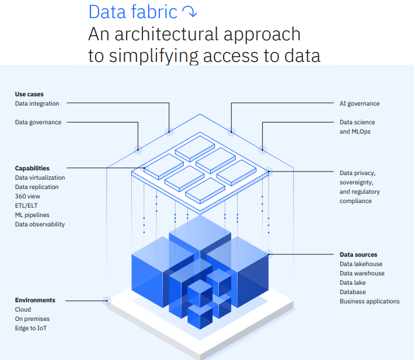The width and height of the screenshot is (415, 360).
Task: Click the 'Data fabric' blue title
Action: [x=133, y=12]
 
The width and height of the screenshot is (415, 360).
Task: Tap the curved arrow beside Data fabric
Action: [x=190, y=12]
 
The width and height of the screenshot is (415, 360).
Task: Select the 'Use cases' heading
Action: [x=29, y=94]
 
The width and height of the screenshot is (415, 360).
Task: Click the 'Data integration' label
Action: [x=37, y=103]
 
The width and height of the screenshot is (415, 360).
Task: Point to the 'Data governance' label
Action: [x=38, y=122]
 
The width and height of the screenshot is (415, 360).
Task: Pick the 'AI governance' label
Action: [x=360, y=103]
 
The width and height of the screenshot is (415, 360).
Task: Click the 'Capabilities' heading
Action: [x=32, y=168]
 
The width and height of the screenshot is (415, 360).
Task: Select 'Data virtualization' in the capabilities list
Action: [x=40, y=177]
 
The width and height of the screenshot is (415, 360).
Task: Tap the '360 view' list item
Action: [x=27, y=196]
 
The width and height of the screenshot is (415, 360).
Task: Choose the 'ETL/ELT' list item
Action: [x=26, y=205]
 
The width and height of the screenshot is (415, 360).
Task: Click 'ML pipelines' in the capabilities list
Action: [x=32, y=215]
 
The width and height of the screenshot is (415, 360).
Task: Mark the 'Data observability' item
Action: [x=40, y=224]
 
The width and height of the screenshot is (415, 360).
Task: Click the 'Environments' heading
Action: [x=35, y=300]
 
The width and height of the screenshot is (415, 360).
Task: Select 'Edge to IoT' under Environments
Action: [x=31, y=328]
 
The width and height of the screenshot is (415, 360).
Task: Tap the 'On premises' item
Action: [x=32, y=319]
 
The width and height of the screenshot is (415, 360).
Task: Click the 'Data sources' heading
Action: [x=358, y=254]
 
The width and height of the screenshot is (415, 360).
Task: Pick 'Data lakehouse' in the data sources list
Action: [x=361, y=264]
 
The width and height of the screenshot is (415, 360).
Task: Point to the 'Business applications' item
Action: [x=369, y=301]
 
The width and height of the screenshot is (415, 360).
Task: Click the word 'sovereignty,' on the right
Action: [x=357, y=182]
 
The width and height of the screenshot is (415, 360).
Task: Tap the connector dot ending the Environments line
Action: [x=107, y=300]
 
